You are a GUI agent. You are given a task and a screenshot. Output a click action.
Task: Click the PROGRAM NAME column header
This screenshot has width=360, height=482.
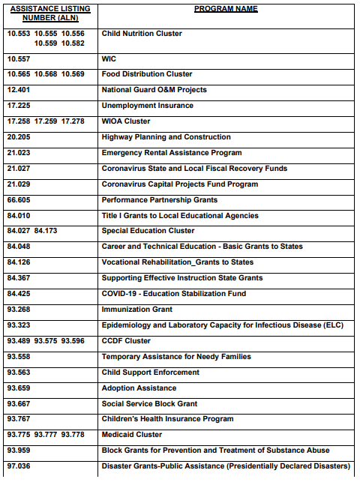226,9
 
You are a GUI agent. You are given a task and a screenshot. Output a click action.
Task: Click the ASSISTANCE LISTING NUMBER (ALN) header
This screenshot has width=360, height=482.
49,13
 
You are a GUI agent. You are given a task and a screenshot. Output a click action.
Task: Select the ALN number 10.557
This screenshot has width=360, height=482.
19,58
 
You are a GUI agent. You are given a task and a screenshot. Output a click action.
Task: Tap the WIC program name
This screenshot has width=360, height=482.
108,58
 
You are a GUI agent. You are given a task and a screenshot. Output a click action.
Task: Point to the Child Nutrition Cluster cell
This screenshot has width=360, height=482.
142,34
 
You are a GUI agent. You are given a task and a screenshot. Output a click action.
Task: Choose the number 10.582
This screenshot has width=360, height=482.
73,43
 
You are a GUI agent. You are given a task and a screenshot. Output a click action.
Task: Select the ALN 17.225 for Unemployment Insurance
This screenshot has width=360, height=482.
19,106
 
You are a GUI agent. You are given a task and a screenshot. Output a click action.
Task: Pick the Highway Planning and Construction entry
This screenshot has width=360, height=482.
166,137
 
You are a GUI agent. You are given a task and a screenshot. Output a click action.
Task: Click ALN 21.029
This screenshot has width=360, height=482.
19,184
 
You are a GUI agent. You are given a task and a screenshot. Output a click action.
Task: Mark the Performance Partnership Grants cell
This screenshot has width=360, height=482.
159,200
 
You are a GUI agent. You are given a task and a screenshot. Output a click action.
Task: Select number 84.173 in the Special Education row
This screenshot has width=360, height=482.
46,231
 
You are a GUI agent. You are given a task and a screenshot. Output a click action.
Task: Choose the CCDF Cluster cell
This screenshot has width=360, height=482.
126,341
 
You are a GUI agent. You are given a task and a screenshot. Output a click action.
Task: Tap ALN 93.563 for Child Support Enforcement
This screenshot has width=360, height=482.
19,373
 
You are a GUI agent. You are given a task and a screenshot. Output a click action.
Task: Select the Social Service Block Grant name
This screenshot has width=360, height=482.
149,403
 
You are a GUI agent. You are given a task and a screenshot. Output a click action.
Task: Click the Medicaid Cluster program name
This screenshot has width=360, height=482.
131,435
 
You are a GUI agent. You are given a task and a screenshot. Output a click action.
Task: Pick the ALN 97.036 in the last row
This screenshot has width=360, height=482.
19,466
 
